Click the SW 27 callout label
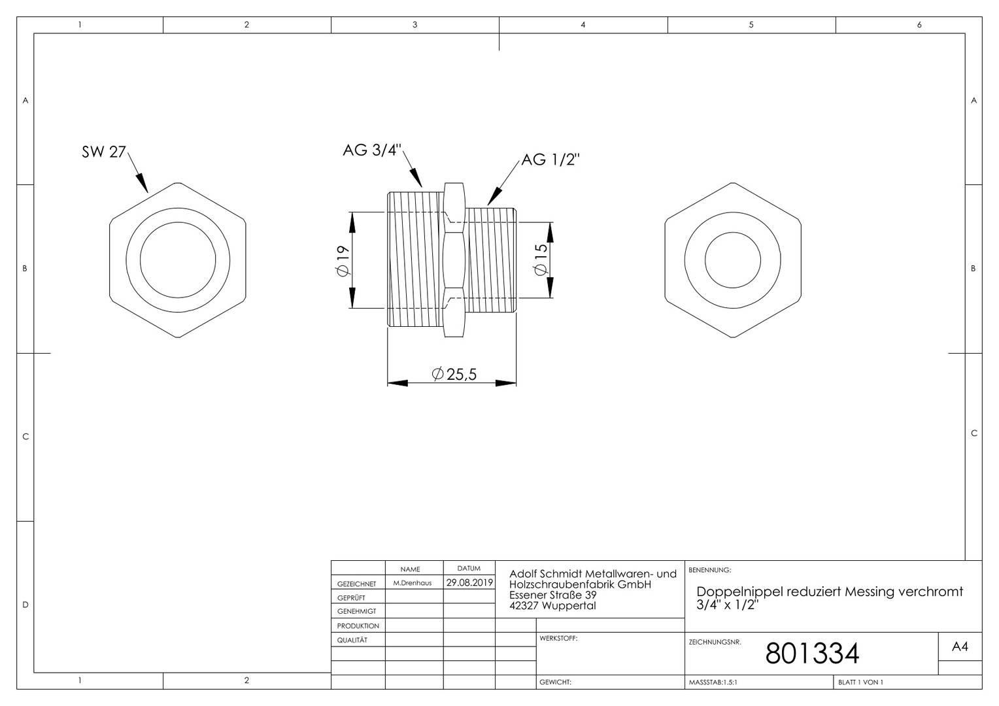tap(104, 152)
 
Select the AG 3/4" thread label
tap(372, 150)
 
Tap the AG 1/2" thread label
tap(550, 160)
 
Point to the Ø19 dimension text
tap(342, 261)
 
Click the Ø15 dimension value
tap(540, 260)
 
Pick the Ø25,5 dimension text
tap(454, 374)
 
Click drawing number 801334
tap(812, 653)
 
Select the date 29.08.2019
tap(469, 582)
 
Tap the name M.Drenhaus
tap(412, 583)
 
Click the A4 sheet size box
tap(960, 647)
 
